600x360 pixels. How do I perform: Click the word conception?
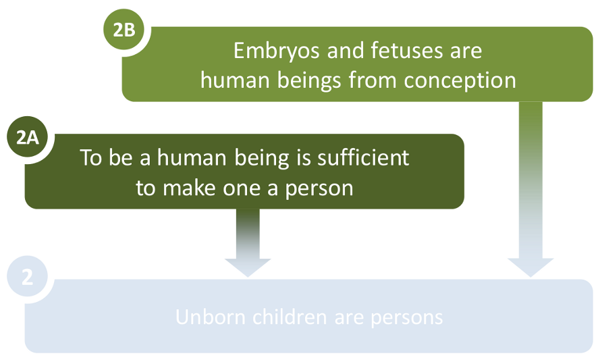coord(460,80)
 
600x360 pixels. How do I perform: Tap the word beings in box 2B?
coord(308,80)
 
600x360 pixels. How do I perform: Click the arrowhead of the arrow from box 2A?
coord(248,267)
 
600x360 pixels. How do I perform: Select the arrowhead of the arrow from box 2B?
coord(530,267)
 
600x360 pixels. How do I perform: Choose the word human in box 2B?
coord(233,80)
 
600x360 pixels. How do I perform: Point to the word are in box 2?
coord(354,317)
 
